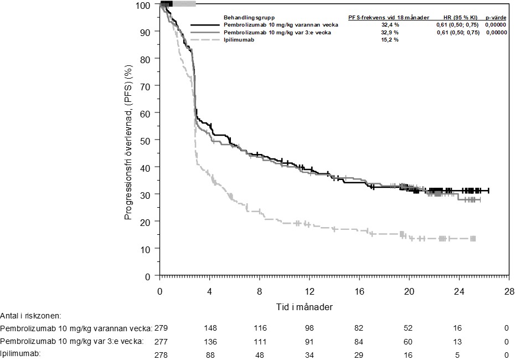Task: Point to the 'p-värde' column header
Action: (x=496, y=18)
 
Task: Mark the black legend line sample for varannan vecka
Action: (x=205, y=25)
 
